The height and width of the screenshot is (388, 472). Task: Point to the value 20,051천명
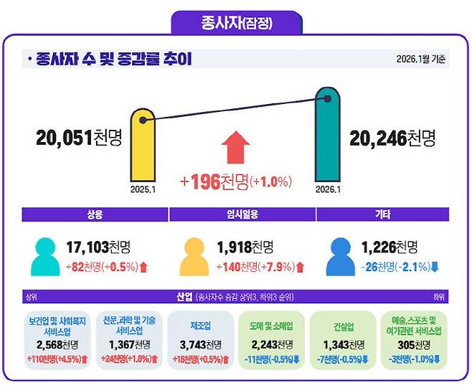(78, 138)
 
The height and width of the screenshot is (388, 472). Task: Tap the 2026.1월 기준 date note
(422, 59)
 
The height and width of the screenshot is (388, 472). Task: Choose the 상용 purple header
(95, 214)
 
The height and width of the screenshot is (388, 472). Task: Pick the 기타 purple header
(382, 214)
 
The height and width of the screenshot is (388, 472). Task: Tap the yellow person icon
(194, 256)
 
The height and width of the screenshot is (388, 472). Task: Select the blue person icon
(341, 256)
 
